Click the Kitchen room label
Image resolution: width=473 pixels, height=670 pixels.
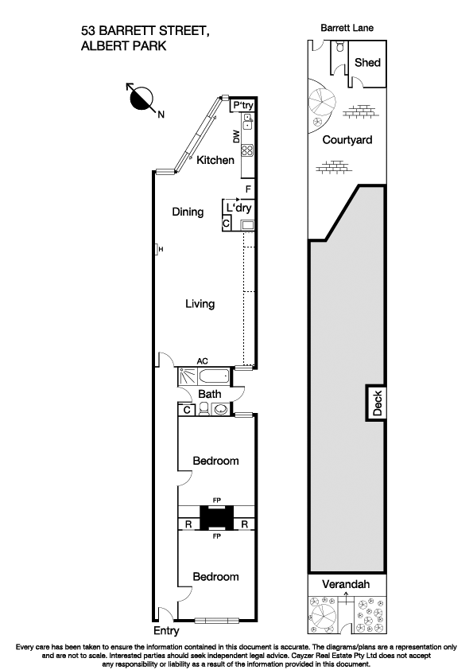(x=215, y=160)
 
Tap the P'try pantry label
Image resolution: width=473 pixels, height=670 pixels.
(x=242, y=105)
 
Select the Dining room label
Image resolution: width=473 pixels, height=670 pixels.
(x=188, y=212)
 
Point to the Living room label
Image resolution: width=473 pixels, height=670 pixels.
(x=200, y=304)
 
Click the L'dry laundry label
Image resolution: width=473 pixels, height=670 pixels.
(x=239, y=208)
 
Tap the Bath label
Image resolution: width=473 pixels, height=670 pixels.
(x=210, y=394)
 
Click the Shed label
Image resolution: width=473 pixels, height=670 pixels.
(x=367, y=63)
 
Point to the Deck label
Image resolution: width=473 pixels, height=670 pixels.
(x=378, y=403)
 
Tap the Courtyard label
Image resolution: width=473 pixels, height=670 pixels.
(x=347, y=139)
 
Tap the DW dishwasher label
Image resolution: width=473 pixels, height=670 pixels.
(x=236, y=137)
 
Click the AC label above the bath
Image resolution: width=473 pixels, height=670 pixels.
(x=192, y=360)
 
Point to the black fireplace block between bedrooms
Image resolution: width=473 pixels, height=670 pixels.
(x=215, y=518)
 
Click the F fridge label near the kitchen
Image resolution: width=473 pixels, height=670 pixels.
(x=249, y=189)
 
